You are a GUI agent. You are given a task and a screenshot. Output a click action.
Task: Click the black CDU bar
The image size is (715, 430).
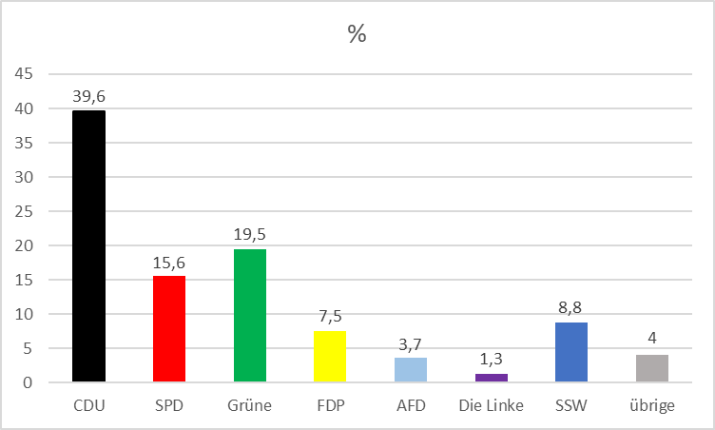[89, 246]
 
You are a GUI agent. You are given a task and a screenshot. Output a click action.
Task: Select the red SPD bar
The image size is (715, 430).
[169, 329]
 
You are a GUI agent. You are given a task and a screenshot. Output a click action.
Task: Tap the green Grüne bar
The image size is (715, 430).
[250, 316]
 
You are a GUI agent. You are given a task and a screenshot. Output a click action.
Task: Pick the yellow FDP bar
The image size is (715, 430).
[330, 357]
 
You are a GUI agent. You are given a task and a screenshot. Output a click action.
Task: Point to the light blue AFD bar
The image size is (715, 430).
[411, 370]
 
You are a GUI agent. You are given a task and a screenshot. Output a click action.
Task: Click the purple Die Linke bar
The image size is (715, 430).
[491, 378]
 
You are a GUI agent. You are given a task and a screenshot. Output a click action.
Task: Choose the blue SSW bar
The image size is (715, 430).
[571, 352]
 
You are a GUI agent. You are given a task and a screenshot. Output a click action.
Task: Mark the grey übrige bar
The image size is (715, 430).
[652, 368]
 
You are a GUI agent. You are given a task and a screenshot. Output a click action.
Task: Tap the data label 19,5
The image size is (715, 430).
[250, 233]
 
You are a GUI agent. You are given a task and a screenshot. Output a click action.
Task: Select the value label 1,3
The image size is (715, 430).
[491, 359]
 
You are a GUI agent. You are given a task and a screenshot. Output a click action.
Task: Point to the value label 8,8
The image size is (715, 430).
[571, 307]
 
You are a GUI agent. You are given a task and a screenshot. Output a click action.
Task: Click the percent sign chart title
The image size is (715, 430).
[357, 34]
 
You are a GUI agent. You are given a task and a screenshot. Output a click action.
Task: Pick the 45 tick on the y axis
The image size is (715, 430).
[25, 74]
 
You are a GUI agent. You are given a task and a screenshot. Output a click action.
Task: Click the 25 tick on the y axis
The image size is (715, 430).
[25, 211]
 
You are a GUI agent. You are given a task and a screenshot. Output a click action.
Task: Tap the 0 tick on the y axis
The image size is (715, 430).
[29, 382]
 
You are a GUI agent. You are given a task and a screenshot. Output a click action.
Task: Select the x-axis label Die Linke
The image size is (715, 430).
[491, 405]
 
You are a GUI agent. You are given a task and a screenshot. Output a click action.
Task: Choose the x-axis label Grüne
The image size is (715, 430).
[250, 405]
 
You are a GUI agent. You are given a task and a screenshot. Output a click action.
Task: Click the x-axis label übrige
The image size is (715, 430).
[652, 405]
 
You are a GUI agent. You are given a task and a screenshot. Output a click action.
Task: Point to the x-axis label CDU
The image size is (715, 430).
[89, 405]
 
